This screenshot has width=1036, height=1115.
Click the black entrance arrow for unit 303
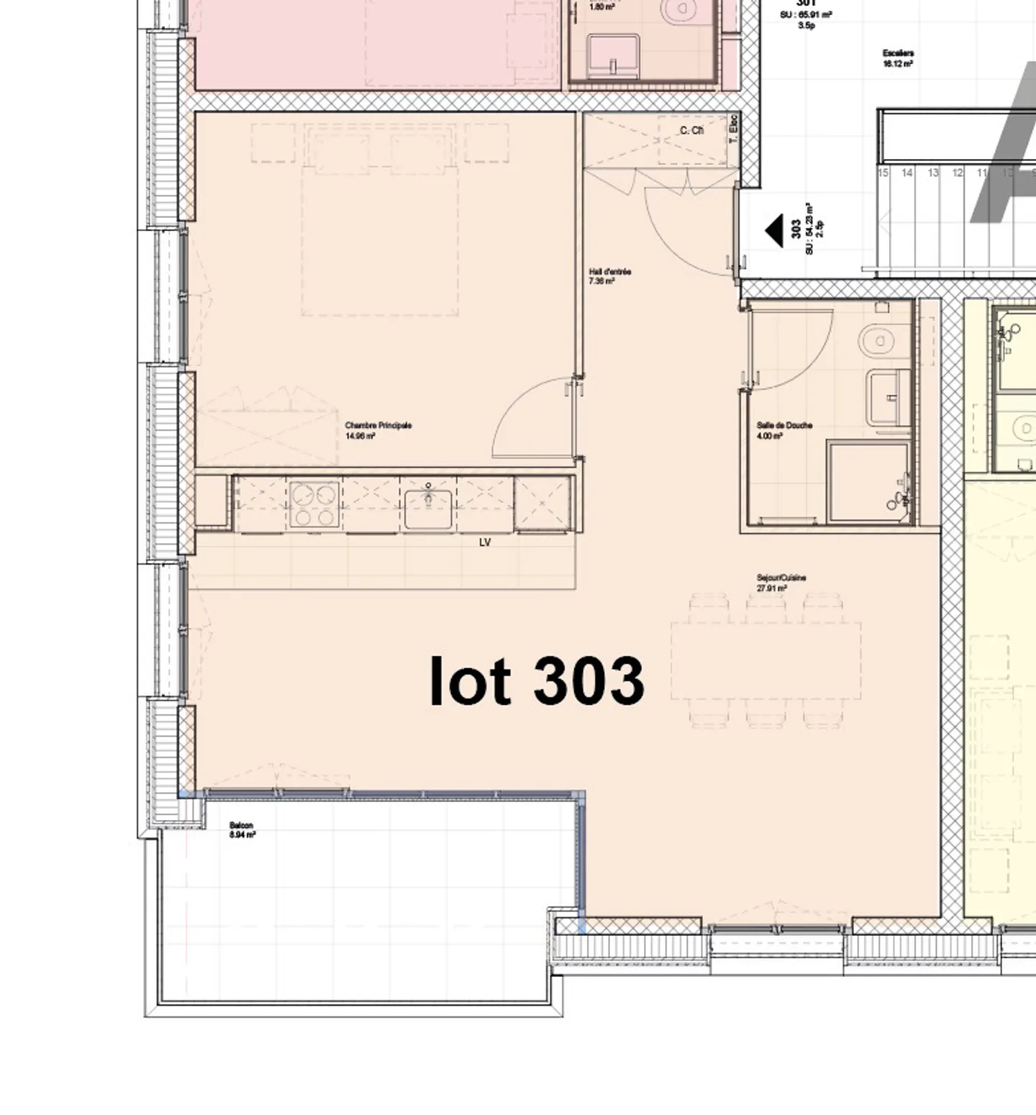click(x=774, y=231)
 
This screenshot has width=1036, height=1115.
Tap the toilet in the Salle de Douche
click(x=877, y=340)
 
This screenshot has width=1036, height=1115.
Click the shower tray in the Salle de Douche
click(x=867, y=481)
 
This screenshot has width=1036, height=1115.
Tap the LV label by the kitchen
click(x=485, y=542)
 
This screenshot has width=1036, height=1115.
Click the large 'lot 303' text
click(x=537, y=681)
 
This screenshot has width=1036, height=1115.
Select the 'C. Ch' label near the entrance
click(x=691, y=130)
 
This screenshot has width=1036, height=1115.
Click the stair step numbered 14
click(x=907, y=173)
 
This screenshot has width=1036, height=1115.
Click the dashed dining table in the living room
click(x=765, y=660)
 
